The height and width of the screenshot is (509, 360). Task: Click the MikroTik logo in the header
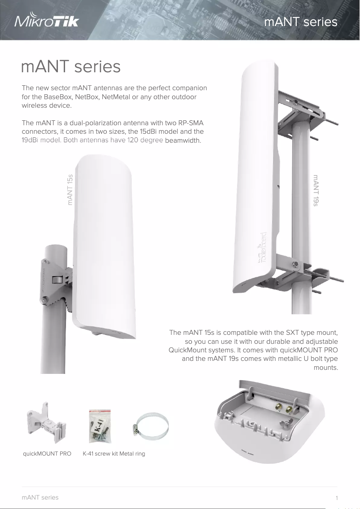pyautogui.click(x=47, y=21)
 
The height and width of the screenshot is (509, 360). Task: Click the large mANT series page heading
pyautogui.click(x=71, y=67)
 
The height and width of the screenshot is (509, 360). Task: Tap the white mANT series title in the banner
pyautogui.click(x=300, y=22)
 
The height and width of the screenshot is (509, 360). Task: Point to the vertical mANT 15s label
pyautogui.click(x=70, y=189)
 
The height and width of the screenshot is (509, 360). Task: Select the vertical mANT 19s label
pyautogui.click(x=316, y=190)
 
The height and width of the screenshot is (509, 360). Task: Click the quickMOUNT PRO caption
pyautogui.click(x=47, y=454)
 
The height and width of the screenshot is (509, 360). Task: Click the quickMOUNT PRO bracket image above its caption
pyautogui.click(x=45, y=424)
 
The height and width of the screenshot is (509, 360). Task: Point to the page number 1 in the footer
pyautogui.click(x=336, y=498)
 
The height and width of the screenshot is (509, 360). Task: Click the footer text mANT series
pyautogui.click(x=40, y=497)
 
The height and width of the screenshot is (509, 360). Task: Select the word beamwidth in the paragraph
pyautogui.click(x=183, y=140)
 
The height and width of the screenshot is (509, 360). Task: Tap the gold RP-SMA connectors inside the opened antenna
pyautogui.click(x=284, y=408)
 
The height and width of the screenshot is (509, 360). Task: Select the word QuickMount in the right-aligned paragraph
pyautogui.click(x=186, y=350)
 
